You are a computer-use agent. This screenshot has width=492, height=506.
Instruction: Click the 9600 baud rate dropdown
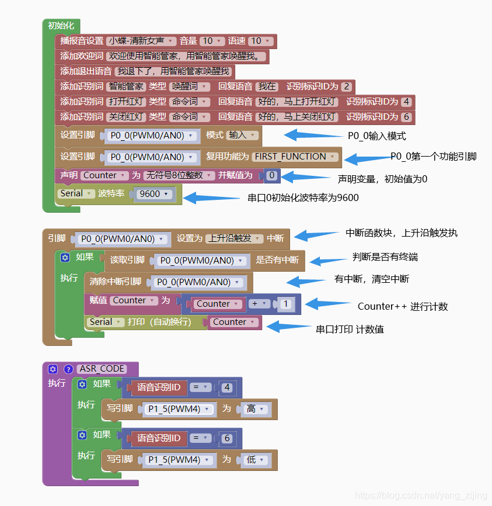pos(153,194)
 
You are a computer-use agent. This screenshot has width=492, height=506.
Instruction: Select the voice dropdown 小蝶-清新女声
pos(141,41)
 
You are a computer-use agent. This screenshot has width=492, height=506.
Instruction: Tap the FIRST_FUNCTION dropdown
pos(295,157)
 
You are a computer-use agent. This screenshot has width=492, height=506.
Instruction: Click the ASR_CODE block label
pos(102,369)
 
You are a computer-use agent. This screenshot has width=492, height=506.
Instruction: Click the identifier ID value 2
pos(347,86)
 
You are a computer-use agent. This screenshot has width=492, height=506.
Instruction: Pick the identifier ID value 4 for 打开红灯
pos(406,102)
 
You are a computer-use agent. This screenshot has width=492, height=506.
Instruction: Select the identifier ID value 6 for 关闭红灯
pos(406,117)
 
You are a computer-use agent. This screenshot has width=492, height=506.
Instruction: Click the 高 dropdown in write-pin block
pos(254,409)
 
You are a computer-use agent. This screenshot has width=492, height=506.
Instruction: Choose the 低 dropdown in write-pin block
pos(254,460)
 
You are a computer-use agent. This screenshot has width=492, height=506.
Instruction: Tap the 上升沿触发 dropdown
pos(233,238)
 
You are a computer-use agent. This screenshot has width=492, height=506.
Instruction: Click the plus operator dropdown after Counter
pos(259,304)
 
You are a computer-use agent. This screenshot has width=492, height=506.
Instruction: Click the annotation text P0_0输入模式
pos(376,136)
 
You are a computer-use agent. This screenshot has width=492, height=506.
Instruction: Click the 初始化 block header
pos(61,26)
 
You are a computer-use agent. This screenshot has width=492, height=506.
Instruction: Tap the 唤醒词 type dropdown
pos(190,86)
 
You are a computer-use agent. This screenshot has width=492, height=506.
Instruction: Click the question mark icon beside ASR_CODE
pos(68,369)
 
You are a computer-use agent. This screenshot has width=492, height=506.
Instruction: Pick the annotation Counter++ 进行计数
pos(402,306)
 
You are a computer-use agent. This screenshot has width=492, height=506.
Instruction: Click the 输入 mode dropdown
pos(242,135)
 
